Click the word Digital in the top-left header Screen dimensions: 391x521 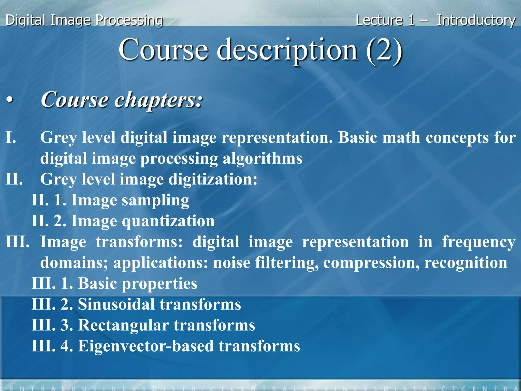25,20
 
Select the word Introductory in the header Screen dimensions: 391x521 476,20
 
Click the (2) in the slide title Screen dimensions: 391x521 384,50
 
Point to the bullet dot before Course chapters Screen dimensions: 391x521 9,100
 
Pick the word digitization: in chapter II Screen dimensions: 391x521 213,179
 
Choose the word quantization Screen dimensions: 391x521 168,221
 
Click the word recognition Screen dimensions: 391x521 466,263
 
